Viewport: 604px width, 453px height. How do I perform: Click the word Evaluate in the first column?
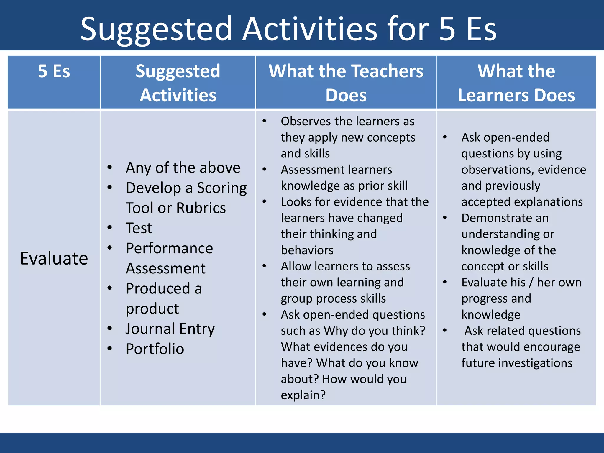click(54, 258)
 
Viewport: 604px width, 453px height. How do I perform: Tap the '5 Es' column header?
click(54, 71)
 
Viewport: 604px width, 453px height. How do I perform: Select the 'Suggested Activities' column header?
click(178, 83)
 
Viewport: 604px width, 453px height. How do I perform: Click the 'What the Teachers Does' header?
click(346, 83)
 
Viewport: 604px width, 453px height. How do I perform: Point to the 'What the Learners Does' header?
click(516, 83)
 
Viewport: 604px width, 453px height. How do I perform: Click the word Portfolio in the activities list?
click(155, 349)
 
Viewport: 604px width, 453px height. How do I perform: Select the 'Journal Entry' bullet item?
click(170, 329)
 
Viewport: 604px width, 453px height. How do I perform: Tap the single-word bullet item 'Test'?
click(139, 228)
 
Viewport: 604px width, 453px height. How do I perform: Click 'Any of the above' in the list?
click(183, 168)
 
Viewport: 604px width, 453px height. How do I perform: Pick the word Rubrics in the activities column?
click(201, 208)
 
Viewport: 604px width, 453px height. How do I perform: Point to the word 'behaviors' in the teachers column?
click(307, 250)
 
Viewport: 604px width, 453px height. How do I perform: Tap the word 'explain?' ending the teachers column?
click(303, 395)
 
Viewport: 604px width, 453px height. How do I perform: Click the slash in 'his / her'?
click(531, 283)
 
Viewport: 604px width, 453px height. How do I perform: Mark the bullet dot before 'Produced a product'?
click(110, 288)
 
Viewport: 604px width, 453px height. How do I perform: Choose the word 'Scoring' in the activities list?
click(222, 188)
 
